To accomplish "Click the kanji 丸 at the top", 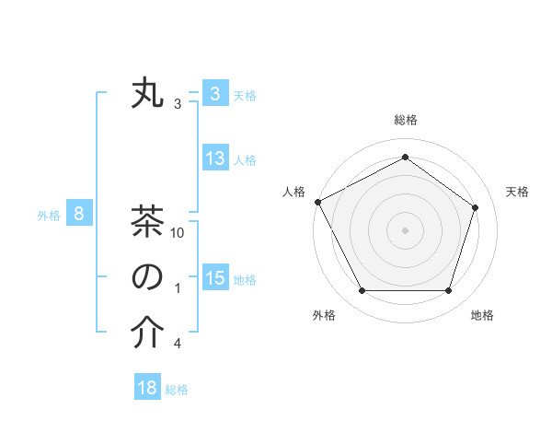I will coord(147,95).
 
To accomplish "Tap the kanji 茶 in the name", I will coord(147,223).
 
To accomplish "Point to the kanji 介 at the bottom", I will coord(147,334).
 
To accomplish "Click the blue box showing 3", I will coord(214,94).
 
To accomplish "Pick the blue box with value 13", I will coord(214,158).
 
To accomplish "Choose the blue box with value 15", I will coord(214,278).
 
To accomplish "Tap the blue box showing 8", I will coord(79,215).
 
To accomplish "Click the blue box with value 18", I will coord(147,388).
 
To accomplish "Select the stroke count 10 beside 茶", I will coord(178,234).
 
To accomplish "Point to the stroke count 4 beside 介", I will coord(177,345).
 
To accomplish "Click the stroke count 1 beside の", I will coord(177,289).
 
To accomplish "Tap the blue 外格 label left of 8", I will coord(49,216).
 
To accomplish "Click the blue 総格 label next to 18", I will coord(177,390).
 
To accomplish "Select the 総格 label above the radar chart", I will coord(405,120).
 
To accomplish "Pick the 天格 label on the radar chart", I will coord(517,192).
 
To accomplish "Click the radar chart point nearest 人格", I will coord(317,201).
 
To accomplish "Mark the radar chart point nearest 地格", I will coord(449,291).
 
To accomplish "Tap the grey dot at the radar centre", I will coord(405,229).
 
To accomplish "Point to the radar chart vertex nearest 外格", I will coord(362,291).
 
